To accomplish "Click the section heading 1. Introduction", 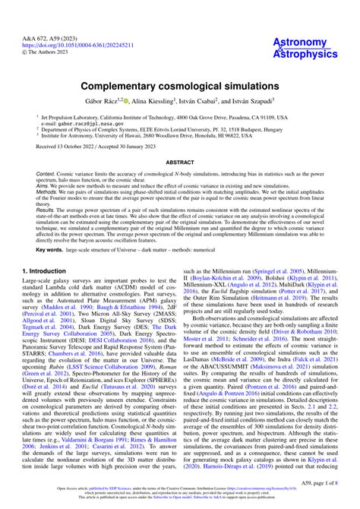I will pyautogui.click(x=48, y=290).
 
